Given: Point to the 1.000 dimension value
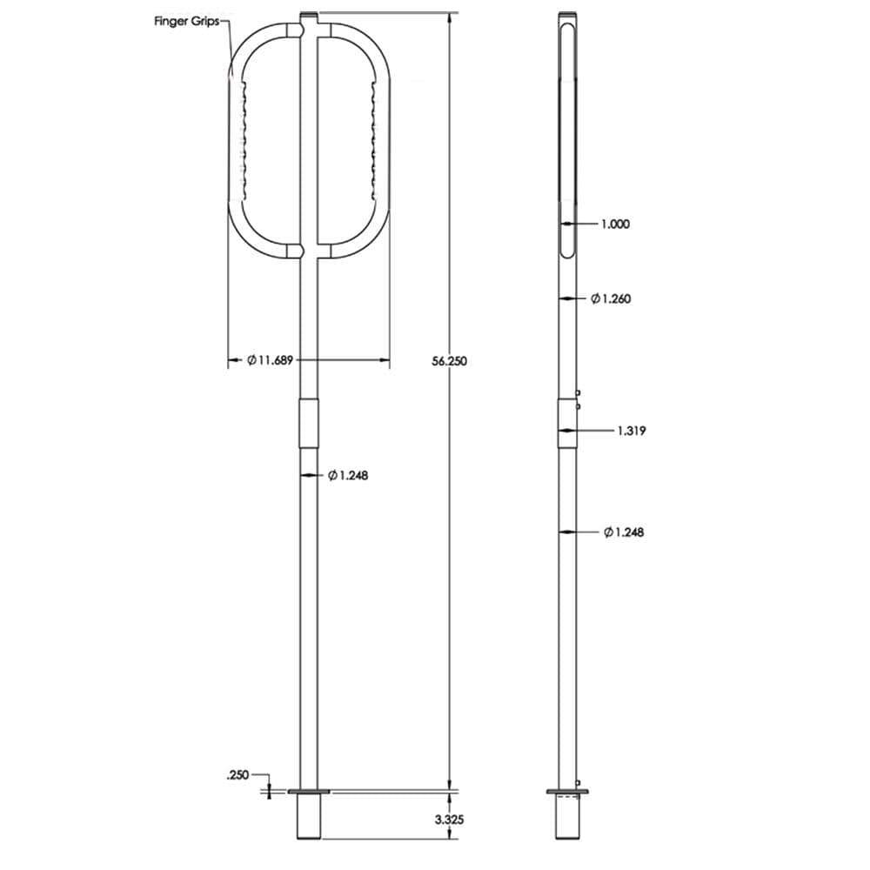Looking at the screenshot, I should click(x=615, y=224).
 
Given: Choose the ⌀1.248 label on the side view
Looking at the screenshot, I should click(x=623, y=532).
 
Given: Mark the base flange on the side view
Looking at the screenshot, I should click(x=567, y=792).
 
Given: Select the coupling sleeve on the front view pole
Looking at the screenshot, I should click(x=309, y=423).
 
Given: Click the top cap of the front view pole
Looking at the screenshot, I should click(x=309, y=16).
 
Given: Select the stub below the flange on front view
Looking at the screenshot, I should click(x=309, y=818).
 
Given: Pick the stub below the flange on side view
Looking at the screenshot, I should click(x=567, y=818).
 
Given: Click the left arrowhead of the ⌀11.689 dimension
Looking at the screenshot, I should click(x=232, y=361).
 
